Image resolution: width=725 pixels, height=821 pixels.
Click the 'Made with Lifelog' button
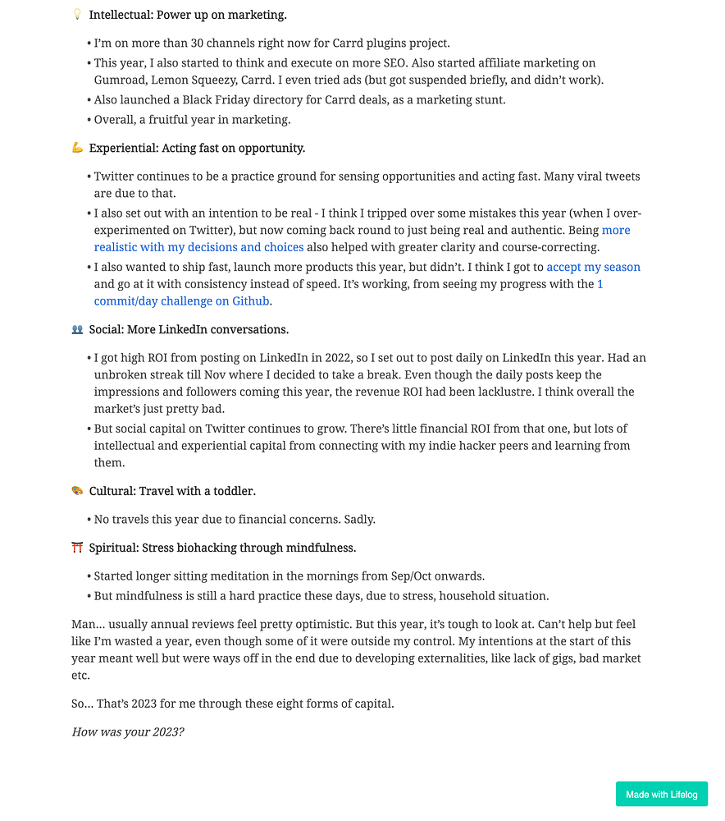[661, 794]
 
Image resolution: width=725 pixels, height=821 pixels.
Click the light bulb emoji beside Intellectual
[78, 15]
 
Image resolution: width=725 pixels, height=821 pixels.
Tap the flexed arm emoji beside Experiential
[78, 148]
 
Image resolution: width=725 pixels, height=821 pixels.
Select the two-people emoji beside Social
[78, 329]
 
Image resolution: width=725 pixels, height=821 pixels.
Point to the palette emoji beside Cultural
[78, 491]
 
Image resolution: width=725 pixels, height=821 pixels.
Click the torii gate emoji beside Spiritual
[78, 548]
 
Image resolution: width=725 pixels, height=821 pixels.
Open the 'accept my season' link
[593, 267]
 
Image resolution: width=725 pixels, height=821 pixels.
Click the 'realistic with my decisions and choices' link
[198, 247]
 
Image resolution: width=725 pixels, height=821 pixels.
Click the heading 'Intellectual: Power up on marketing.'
[188, 15]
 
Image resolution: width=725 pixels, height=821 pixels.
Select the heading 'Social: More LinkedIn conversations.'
[189, 329]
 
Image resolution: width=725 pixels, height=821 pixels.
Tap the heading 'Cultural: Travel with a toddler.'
[172, 491]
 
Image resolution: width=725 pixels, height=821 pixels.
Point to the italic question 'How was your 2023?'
[128, 731]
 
